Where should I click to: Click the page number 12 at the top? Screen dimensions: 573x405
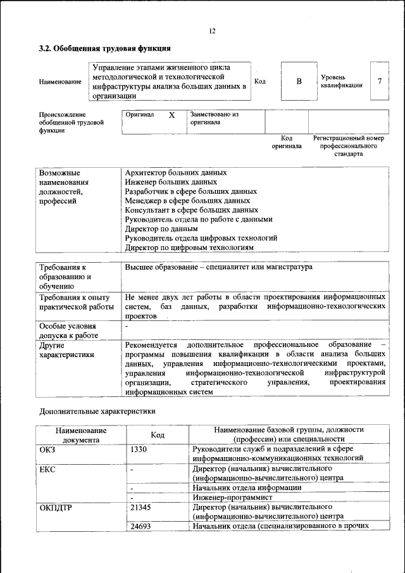click(x=212, y=32)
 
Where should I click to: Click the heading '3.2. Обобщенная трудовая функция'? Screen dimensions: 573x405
click(x=104, y=48)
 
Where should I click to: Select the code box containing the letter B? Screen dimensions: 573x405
click(x=299, y=82)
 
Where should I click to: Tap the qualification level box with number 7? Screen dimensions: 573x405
click(x=379, y=81)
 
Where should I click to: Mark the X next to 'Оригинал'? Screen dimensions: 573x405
click(x=171, y=115)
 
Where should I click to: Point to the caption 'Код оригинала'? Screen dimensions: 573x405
click(x=287, y=142)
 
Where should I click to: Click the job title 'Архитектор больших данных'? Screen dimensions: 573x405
click(x=176, y=172)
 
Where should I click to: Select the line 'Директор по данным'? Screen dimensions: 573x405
click(x=161, y=229)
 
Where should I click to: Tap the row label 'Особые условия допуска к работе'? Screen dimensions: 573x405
click(x=68, y=331)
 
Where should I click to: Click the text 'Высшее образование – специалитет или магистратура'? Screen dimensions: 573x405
click(x=218, y=268)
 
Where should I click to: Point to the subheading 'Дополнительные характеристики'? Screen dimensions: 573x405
click(x=97, y=410)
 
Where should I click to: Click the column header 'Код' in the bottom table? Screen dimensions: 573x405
click(x=158, y=435)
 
